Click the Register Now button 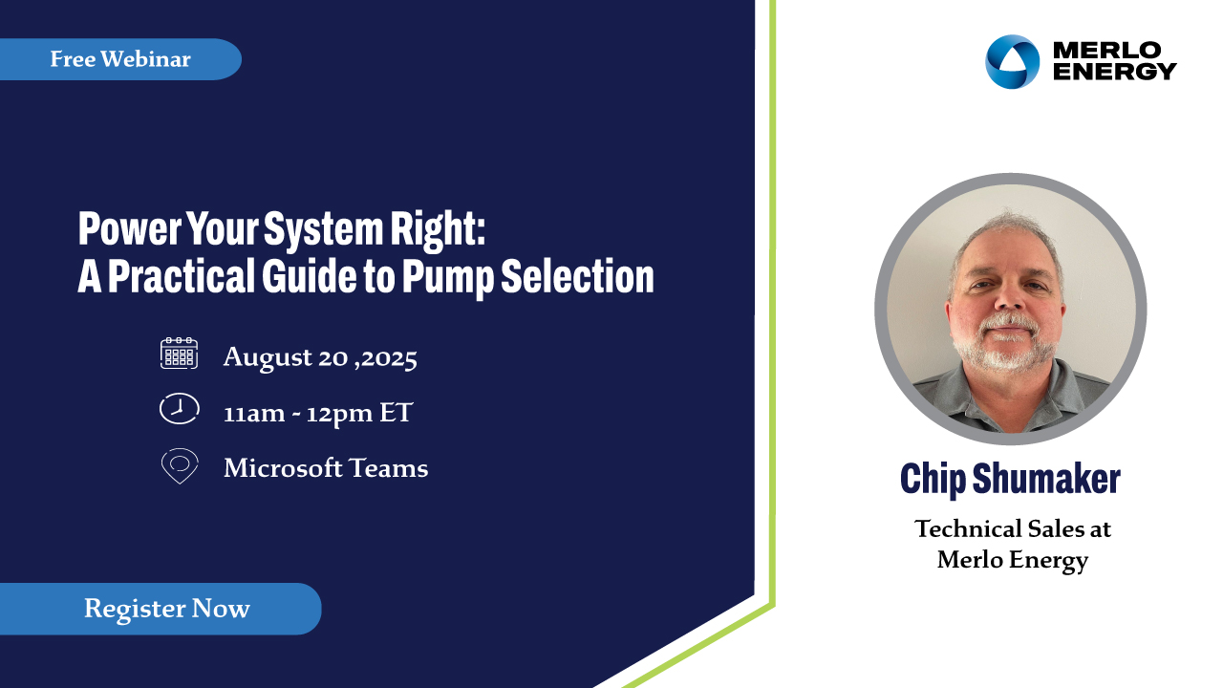[x=161, y=609]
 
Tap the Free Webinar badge [x=120, y=59]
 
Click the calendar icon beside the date [x=179, y=354]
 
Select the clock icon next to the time [x=179, y=408]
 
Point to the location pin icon [x=180, y=465]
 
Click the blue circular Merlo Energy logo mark [x=1012, y=62]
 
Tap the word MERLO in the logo [x=1106, y=51]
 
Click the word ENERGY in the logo [x=1114, y=72]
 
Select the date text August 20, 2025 [x=320, y=357]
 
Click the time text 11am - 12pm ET [x=318, y=413]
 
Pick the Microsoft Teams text [x=326, y=468]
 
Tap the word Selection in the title [x=578, y=276]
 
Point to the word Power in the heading [x=129, y=229]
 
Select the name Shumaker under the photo [x=1046, y=479]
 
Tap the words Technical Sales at [x=1013, y=528]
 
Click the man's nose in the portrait [x=1010, y=296]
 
